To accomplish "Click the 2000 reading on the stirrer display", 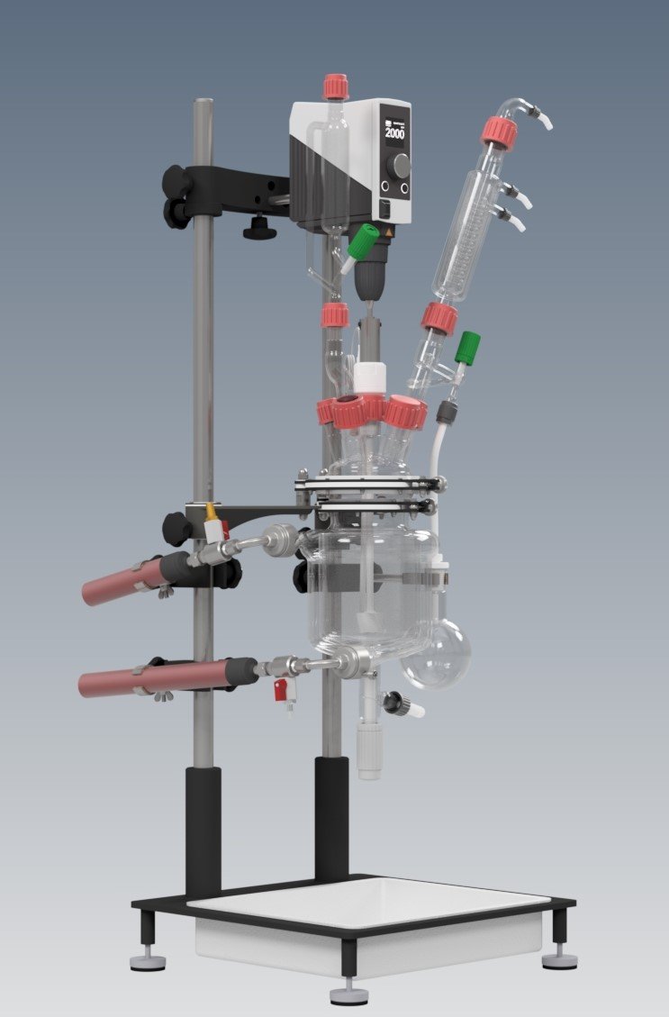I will point(395,133).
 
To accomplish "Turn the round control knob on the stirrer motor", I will point(400,165).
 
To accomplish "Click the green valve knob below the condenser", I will point(467,347).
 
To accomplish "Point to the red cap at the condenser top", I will point(499,132).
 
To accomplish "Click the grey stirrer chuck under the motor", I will point(369,279).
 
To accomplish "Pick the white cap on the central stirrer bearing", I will point(369,376).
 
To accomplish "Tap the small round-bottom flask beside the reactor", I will point(436,654).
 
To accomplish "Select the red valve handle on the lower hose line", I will point(281,690).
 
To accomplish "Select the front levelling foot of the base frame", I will point(348,994).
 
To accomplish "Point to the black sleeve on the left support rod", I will point(203,829).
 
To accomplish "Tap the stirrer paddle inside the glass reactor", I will point(369,622).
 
